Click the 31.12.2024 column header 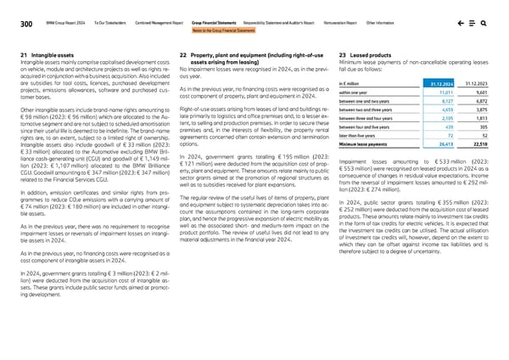(x=435, y=82)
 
